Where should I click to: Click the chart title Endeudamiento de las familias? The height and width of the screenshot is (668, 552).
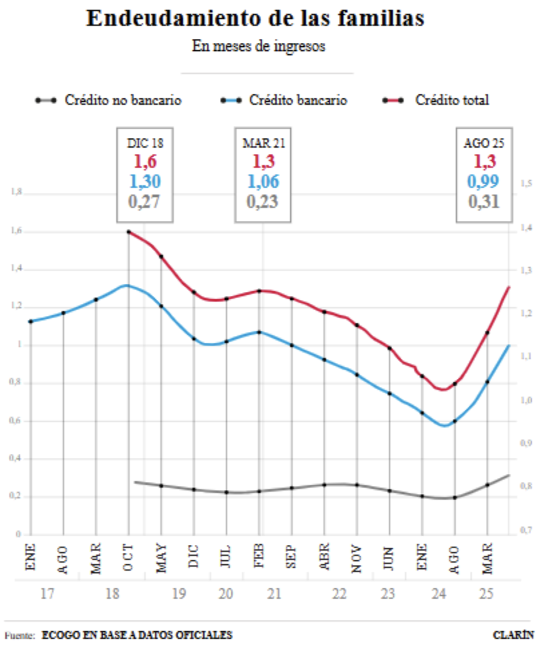pyautogui.click(x=255, y=19)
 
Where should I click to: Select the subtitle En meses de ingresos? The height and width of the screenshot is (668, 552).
pyautogui.click(x=259, y=46)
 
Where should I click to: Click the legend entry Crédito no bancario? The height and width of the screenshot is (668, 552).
pyautogui.click(x=123, y=100)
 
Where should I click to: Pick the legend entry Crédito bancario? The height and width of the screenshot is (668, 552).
pyautogui.click(x=298, y=100)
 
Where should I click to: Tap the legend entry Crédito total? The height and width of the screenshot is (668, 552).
pyautogui.click(x=452, y=100)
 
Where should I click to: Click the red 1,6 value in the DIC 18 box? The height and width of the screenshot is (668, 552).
pyautogui.click(x=144, y=161)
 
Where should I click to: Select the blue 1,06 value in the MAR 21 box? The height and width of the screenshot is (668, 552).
pyautogui.click(x=263, y=181)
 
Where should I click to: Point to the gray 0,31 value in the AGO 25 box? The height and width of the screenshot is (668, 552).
pyautogui.click(x=484, y=201)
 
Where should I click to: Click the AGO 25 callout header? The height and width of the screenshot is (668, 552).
pyautogui.click(x=484, y=143)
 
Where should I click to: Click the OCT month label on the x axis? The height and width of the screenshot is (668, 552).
pyautogui.click(x=128, y=558)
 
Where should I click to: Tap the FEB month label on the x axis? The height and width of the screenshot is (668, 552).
pyautogui.click(x=259, y=557)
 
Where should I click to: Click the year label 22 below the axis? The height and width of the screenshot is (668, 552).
pyautogui.click(x=339, y=594)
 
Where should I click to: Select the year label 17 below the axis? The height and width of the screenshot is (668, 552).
pyautogui.click(x=47, y=594)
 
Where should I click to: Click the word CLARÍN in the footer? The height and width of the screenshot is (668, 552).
pyautogui.click(x=513, y=635)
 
